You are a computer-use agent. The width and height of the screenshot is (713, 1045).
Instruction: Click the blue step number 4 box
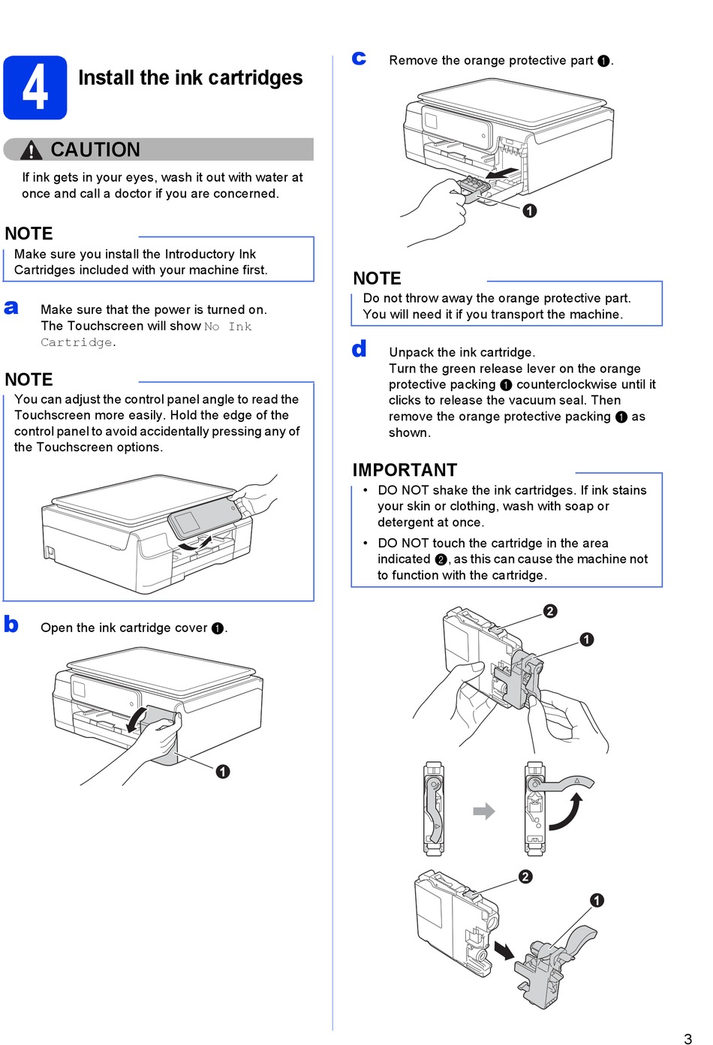tap(35, 88)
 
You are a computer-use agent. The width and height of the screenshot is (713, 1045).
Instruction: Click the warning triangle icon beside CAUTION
tap(31, 151)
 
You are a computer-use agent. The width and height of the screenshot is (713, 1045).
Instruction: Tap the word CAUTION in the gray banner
tap(95, 150)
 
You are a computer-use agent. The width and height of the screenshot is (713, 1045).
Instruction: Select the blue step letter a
tap(11, 308)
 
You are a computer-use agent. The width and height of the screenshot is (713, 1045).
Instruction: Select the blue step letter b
tap(11, 625)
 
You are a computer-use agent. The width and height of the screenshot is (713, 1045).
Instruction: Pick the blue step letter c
tap(360, 59)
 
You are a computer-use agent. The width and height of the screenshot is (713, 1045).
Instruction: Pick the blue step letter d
tap(360, 349)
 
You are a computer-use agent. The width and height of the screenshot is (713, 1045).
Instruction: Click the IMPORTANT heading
tap(405, 470)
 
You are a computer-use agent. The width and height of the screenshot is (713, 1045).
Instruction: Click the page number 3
tap(687, 1039)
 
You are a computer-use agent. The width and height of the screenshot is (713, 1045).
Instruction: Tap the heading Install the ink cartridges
tap(191, 78)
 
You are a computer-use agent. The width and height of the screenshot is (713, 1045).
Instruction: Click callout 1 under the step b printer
tap(223, 772)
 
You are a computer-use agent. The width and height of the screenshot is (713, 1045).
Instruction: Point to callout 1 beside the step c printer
tap(530, 211)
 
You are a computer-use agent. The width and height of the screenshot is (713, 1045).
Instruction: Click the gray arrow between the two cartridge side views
tap(484, 811)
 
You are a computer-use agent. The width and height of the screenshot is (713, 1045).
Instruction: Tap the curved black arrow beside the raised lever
tap(567, 814)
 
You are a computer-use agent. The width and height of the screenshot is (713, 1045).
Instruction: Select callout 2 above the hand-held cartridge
tap(550, 611)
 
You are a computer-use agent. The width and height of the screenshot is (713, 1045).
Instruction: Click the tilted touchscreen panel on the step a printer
tap(203, 515)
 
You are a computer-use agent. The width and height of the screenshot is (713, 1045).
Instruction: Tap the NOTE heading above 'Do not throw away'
tap(377, 279)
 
